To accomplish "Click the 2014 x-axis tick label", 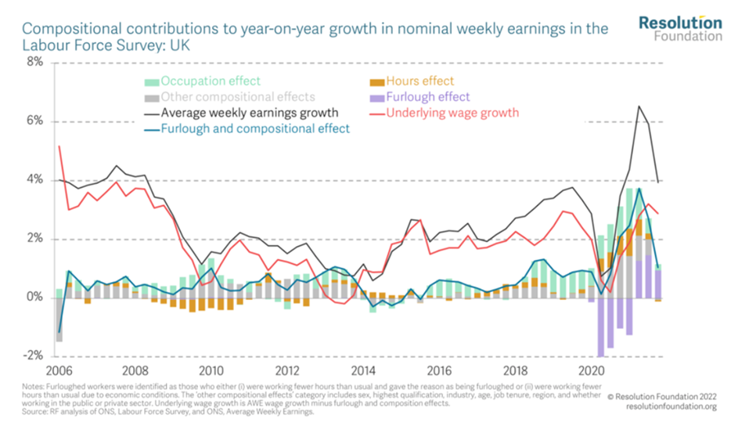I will tap(364, 370).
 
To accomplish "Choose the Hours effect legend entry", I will tap(420, 81).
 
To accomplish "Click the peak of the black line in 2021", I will tap(639, 106).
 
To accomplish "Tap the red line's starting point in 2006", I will tap(59, 146).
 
